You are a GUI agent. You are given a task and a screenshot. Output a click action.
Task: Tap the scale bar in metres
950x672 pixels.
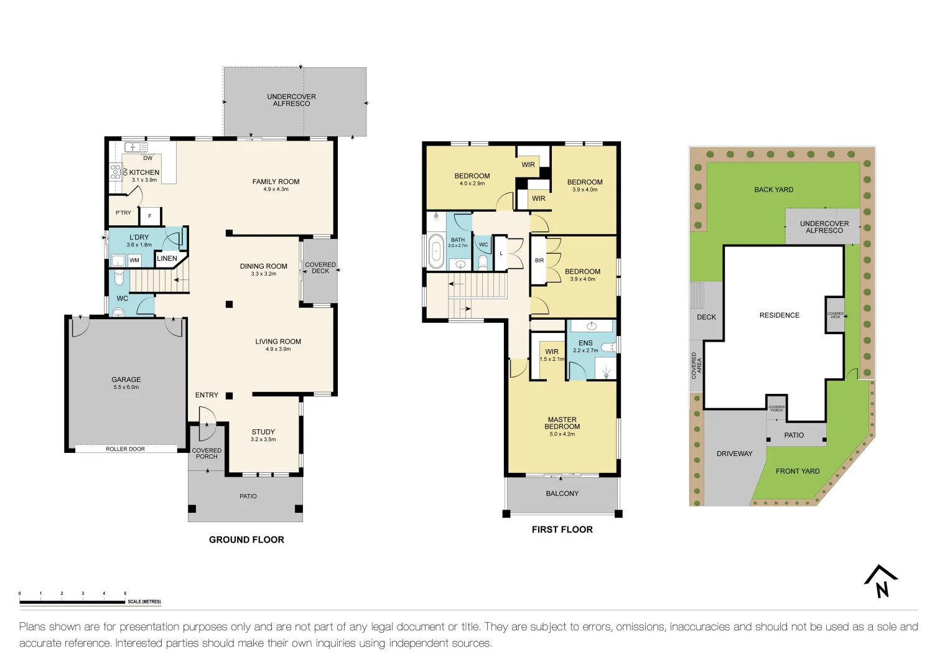[x=72, y=602]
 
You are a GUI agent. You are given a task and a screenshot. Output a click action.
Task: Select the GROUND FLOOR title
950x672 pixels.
[x=246, y=540]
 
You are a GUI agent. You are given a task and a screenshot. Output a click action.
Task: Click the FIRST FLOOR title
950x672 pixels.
[x=562, y=530]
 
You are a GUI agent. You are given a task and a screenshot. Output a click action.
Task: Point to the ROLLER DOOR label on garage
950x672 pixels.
[x=125, y=449]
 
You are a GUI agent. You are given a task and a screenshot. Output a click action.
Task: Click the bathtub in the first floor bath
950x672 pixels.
[x=436, y=251]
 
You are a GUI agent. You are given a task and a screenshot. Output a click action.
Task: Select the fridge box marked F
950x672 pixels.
[x=150, y=216]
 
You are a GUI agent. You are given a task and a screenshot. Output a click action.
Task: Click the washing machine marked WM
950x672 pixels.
[x=134, y=260]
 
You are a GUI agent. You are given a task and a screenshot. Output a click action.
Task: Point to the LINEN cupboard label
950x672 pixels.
[x=167, y=258]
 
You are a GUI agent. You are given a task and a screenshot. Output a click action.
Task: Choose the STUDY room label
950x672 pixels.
[x=263, y=432]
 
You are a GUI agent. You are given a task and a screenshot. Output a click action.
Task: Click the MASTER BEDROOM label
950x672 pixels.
[x=562, y=423]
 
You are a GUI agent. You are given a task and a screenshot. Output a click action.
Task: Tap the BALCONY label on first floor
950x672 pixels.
[x=562, y=493]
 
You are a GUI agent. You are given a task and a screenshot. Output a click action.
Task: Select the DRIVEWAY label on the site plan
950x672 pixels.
[x=734, y=454]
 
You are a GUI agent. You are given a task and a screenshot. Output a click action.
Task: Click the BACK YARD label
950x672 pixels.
[x=773, y=190]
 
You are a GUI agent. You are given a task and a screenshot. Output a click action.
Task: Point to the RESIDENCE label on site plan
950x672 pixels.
[x=779, y=315]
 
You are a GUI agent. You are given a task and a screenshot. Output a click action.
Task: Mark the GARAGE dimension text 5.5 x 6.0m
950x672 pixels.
[x=126, y=387]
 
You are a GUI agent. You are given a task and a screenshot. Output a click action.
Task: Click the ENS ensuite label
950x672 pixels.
[x=585, y=343]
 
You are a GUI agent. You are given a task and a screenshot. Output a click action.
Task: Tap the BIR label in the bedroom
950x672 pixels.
[x=539, y=261]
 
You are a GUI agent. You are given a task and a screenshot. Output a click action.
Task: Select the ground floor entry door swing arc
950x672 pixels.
[x=208, y=415]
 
